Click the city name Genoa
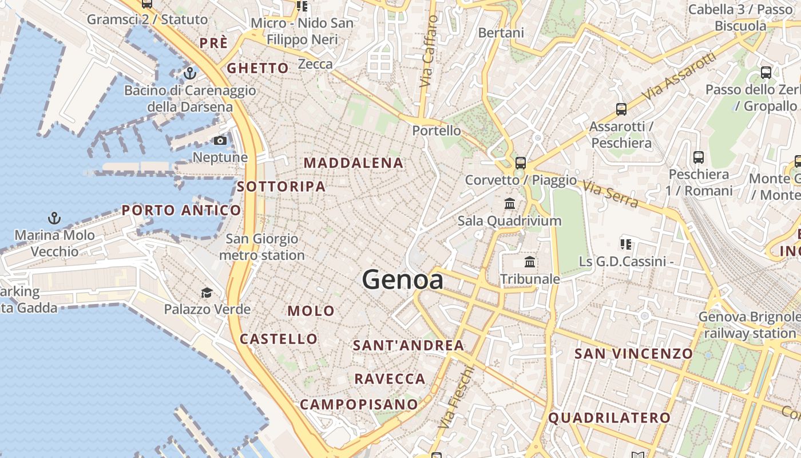[402, 280]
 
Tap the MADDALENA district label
[354, 163]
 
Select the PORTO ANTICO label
[181, 210]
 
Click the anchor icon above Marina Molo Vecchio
[54, 218]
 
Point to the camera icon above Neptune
[220, 140]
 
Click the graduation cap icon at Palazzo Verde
[207, 293]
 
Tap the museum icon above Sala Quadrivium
[509, 203]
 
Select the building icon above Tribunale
[530, 262]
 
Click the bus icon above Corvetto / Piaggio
[520, 163]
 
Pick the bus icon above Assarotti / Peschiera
[621, 109]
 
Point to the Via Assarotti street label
[679, 76]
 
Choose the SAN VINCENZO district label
[633, 353]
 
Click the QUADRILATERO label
[609, 418]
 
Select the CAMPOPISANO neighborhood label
[359, 404]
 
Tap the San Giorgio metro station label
[262, 247]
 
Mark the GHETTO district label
[258, 68]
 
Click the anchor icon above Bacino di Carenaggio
[190, 73]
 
